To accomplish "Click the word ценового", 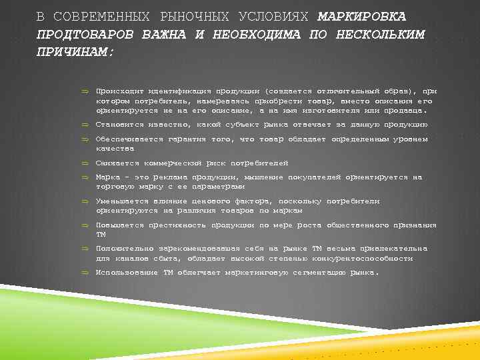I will pyautogui.click(x=206, y=201).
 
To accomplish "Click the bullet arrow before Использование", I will pyautogui.click(x=85, y=273).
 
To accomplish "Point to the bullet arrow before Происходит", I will pyautogui.click(x=85, y=90).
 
